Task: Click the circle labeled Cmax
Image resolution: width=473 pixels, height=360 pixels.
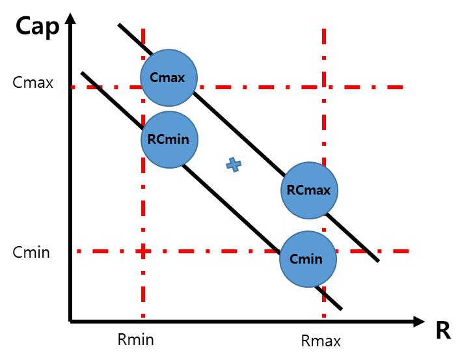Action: (169, 77)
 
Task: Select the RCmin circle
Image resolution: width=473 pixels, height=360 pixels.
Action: (169, 139)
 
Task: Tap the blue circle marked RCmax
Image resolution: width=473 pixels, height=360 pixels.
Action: (309, 190)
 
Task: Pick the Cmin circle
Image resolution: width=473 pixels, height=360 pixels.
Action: (308, 259)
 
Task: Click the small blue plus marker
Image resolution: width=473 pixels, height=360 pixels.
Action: (234, 165)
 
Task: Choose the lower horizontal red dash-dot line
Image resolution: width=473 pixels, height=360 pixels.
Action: (215, 251)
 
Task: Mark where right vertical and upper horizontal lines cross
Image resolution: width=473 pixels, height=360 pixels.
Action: (323, 87)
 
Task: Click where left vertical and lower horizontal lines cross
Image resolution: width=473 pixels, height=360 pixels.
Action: (143, 251)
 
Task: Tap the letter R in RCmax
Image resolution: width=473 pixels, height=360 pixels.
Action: (291, 191)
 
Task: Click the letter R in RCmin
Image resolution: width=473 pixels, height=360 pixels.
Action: (152, 139)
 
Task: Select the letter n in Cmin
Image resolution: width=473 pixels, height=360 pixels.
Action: (318, 259)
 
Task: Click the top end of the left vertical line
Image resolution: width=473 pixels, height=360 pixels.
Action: (143, 29)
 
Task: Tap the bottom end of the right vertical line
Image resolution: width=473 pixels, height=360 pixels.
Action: (323, 316)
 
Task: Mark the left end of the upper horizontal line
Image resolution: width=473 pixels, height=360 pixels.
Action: (73, 87)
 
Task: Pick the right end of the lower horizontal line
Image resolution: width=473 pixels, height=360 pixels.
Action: (408, 251)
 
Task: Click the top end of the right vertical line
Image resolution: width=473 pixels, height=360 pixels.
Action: (323, 29)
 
